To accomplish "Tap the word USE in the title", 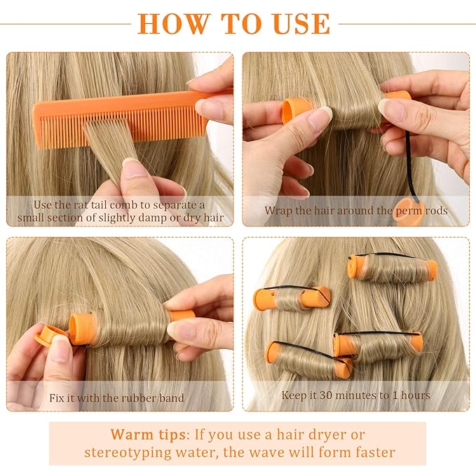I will [297, 23].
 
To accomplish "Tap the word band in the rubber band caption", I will [170, 398].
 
